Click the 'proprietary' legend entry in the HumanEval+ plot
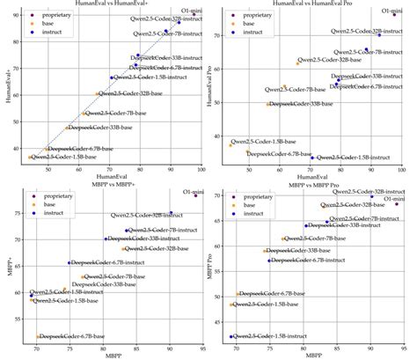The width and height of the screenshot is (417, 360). tap(51, 15)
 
